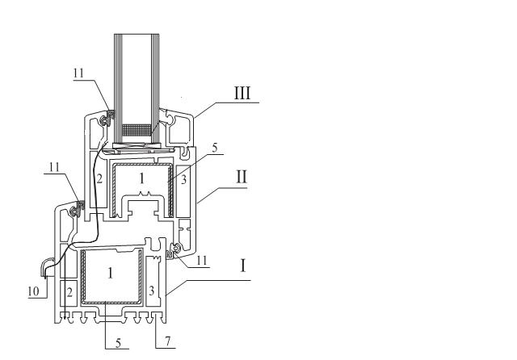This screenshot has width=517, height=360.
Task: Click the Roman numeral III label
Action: (242, 93)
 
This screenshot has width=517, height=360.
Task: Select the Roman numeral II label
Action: (242, 177)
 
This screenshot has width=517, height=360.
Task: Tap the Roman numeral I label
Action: (243, 266)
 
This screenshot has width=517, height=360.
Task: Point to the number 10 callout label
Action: (33, 291)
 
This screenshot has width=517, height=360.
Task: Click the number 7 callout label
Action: (168, 341)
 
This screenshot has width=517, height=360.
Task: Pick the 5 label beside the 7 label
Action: (118, 343)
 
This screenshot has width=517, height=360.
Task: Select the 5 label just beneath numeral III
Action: (215, 148)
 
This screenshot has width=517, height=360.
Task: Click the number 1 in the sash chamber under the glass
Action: (142, 178)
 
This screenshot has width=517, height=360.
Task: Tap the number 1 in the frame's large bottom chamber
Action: (111, 273)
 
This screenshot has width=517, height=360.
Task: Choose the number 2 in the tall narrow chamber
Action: (99, 179)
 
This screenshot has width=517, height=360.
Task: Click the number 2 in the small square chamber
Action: (69, 292)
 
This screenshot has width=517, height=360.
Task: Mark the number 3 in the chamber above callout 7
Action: (151, 291)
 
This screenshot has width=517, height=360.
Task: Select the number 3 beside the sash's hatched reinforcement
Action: (183, 179)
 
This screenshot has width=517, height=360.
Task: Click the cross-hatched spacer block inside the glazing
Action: (137, 130)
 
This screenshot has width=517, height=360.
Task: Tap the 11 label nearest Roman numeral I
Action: (201, 261)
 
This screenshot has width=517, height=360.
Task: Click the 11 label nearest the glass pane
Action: (78, 73)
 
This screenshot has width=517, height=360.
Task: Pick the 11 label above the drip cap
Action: (54, 167)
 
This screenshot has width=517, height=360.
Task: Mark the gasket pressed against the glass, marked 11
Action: (107, 118)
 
